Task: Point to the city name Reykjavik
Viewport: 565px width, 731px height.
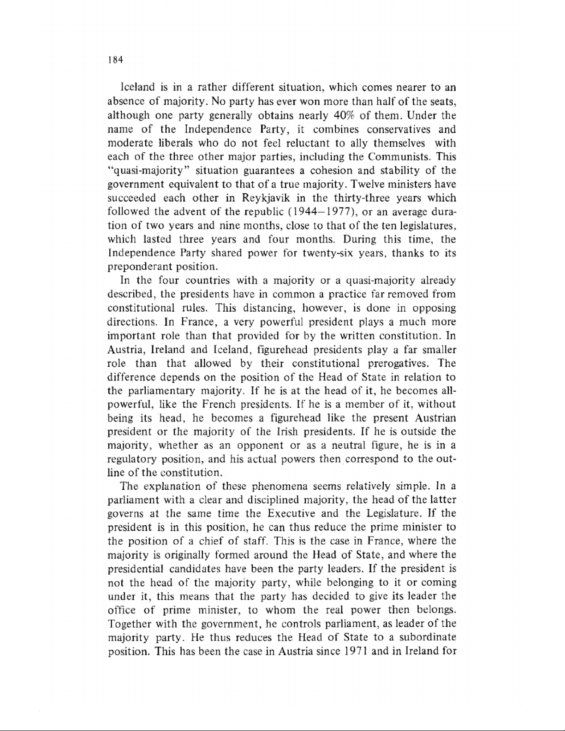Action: (x=262, y=198)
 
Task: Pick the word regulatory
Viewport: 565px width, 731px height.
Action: (x=133, y=459)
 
